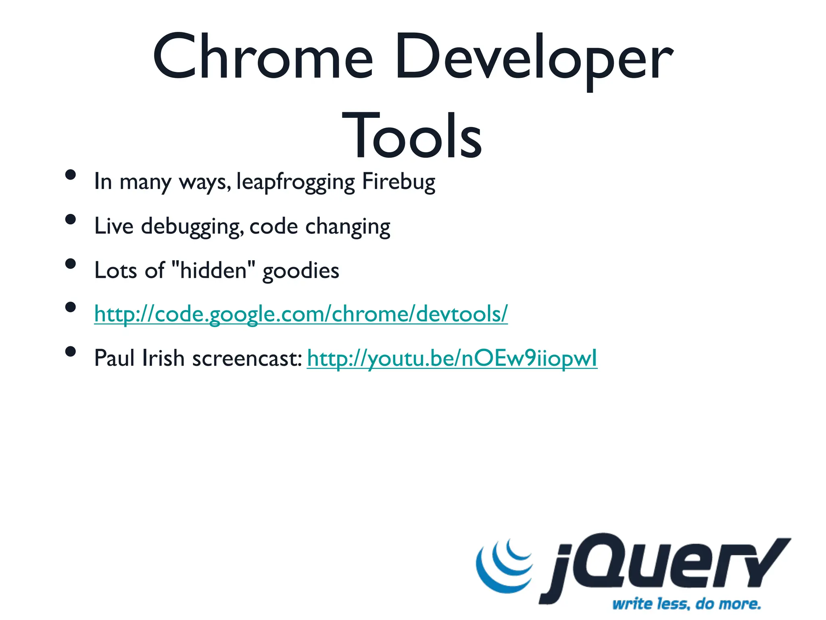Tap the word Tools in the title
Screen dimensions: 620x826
[x=412, y=136]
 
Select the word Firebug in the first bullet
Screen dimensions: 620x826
[x=398, y=182]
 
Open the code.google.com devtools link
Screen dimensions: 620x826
[x=301, y=314]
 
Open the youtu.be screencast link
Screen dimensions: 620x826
[x=452, y=358]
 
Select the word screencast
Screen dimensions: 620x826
[x=246, y=358]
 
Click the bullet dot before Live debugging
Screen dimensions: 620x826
[x=71, y=219]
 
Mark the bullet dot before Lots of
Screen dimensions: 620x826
[x=71, y=264]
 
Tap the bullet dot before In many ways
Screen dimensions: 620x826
[x=71, y=175]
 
